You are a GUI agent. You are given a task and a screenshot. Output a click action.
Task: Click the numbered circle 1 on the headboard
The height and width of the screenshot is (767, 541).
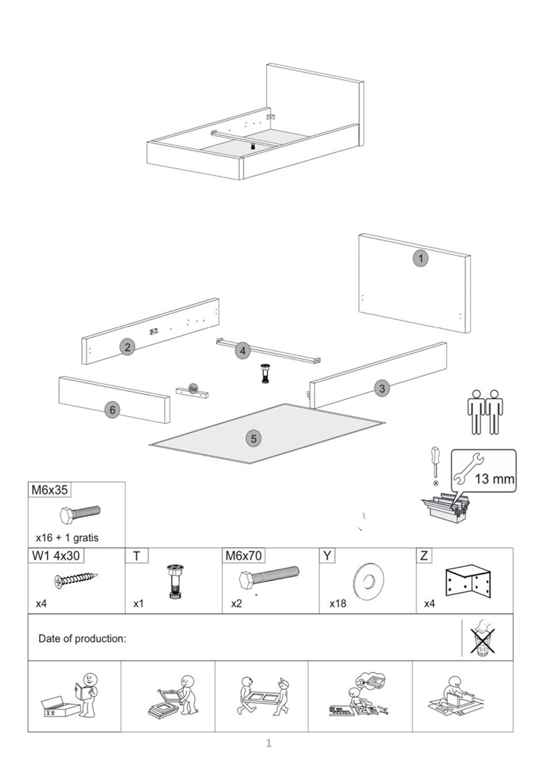[x=421, y=259]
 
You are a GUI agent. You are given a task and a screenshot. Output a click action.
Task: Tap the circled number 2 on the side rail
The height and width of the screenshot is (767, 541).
[x=127, y=346]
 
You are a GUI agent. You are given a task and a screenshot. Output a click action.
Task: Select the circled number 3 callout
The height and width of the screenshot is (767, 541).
[x=382, y=388]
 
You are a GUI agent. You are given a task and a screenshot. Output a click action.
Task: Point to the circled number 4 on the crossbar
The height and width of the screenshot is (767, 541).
[x=242, y=351]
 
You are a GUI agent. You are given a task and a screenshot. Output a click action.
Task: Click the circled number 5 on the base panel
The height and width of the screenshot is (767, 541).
[x=254, y=439]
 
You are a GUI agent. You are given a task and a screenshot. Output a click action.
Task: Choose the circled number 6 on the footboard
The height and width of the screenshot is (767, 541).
[x=112, y=410]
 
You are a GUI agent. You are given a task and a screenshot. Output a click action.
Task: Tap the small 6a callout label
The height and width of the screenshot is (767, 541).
[x=193, y=389]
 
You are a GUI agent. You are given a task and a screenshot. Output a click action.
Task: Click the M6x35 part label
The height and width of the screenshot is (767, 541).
[x=50, y=490]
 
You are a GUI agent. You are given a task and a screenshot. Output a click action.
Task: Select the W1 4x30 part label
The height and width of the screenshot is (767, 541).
[x=55, y=555]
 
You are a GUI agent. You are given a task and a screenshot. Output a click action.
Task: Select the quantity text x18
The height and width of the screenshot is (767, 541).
[x=338, y=603]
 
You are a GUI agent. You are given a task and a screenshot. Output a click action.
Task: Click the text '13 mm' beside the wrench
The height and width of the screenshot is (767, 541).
[x=494, y=479]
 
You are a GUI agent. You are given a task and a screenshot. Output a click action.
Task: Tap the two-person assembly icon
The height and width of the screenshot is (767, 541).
[x=485, y=412]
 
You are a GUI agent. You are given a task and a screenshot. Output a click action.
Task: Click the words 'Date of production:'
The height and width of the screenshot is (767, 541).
[x=82, y=638]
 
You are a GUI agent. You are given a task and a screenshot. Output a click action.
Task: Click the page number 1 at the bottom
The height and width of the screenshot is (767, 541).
[x=269, y=744]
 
